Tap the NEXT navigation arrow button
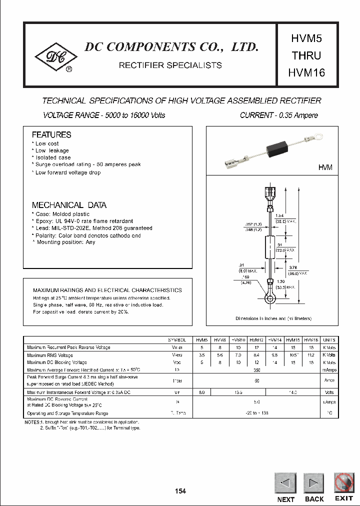[285, 483]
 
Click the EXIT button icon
[344, 482]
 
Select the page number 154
[180, 491]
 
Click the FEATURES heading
[51, 135]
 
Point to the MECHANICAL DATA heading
[69, 205]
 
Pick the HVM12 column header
[256, 339]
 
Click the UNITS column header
[329, 339]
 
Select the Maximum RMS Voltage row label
[50, 355]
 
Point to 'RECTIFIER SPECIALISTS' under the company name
[170, 65]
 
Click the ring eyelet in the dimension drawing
[270, 299]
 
